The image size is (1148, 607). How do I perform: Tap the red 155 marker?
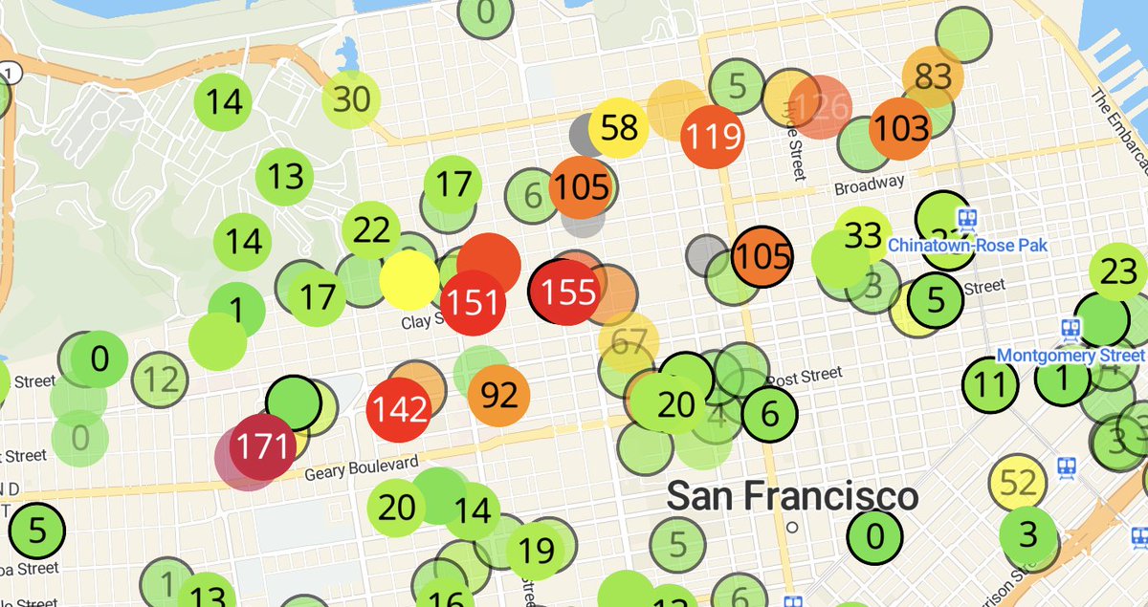tap(568, 292)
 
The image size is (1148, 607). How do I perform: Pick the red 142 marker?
tap(399, 409)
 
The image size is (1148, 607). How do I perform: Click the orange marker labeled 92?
tap(499, 394)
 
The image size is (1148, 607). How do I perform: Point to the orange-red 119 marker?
tap(712, 136)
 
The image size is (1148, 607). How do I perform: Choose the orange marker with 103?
tap(900, 127)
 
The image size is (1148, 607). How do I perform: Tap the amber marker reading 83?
tap(933, 76)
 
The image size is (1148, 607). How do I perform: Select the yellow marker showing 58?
tap(619, 127)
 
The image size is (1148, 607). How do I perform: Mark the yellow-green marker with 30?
tap(351, 98)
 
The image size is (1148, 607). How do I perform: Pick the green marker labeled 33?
tap(863, 234)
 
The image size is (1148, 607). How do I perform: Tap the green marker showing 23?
tap(1118, 272)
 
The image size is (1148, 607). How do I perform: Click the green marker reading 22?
tap(371, 230)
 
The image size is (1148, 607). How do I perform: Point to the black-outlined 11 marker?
tap(991, 385)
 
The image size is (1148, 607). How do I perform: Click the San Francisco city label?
tap(792, 497)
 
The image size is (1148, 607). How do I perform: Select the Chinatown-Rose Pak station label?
tap(967, 246)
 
